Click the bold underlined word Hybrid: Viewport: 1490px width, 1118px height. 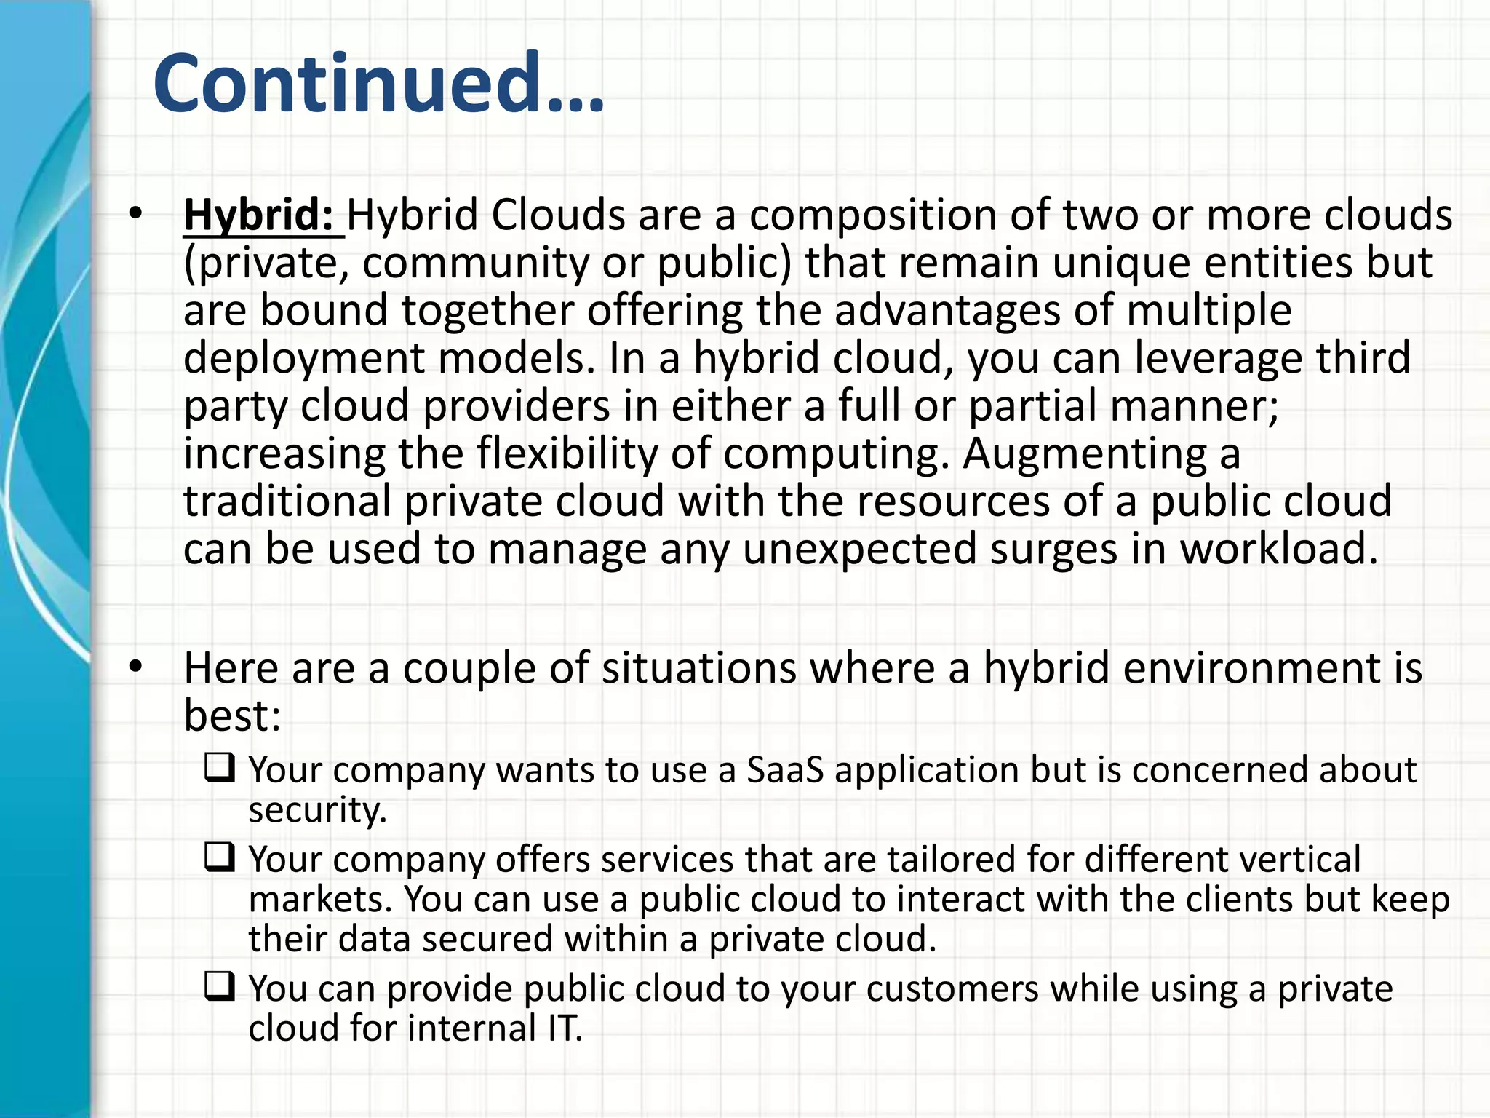point(259,215)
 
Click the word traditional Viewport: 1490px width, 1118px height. point(287,501)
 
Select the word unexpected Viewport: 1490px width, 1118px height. point(859,549)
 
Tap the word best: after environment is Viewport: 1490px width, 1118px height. point(232,715)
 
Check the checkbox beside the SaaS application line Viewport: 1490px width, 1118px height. point(220,768)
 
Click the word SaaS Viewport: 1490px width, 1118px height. point(785,770)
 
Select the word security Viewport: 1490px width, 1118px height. point(317,809)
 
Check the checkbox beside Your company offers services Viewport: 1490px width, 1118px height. point(220,857)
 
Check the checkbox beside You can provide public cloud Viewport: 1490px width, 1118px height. point(220,986)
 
